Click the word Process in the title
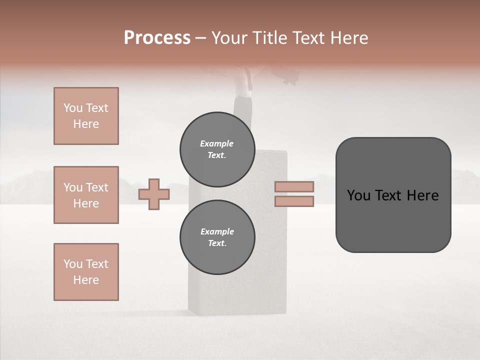[157, 38]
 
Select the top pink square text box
[86, 116]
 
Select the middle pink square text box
[86, 195]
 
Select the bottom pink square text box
[86, 272]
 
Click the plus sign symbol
[154, 194]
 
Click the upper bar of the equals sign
[294, 186]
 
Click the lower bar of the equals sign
[294, 201]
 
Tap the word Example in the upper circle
[217, 143]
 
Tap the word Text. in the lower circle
[217, 243]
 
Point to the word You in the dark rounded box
[358, 195]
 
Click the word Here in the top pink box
[86, 124]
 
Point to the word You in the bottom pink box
[73, 264]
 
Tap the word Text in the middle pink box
[97, 187]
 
